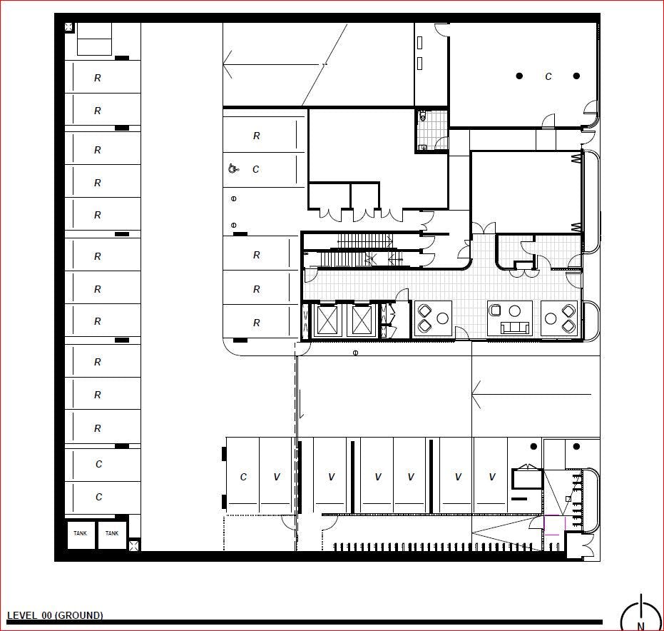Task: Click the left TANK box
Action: [81, 535]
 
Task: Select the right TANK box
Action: [112, 535]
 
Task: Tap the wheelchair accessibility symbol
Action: [233, 168]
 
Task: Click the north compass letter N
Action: [640, 626]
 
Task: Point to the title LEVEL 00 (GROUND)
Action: [55, 615]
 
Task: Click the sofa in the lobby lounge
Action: [514, 327]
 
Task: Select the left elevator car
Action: [327, 320]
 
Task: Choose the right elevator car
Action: [362, 320]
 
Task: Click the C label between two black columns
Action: [548, 76]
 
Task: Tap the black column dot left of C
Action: [519, 76]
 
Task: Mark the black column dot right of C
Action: [576, 76]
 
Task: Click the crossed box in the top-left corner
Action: [68, 27]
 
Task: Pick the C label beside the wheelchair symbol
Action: [255, 169]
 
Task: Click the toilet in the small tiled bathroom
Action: [422, 116]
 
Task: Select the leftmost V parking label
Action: [277, 477]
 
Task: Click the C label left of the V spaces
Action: [243, 477]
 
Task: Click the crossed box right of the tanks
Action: [134, 545]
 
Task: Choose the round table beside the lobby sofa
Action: [515, 311]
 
